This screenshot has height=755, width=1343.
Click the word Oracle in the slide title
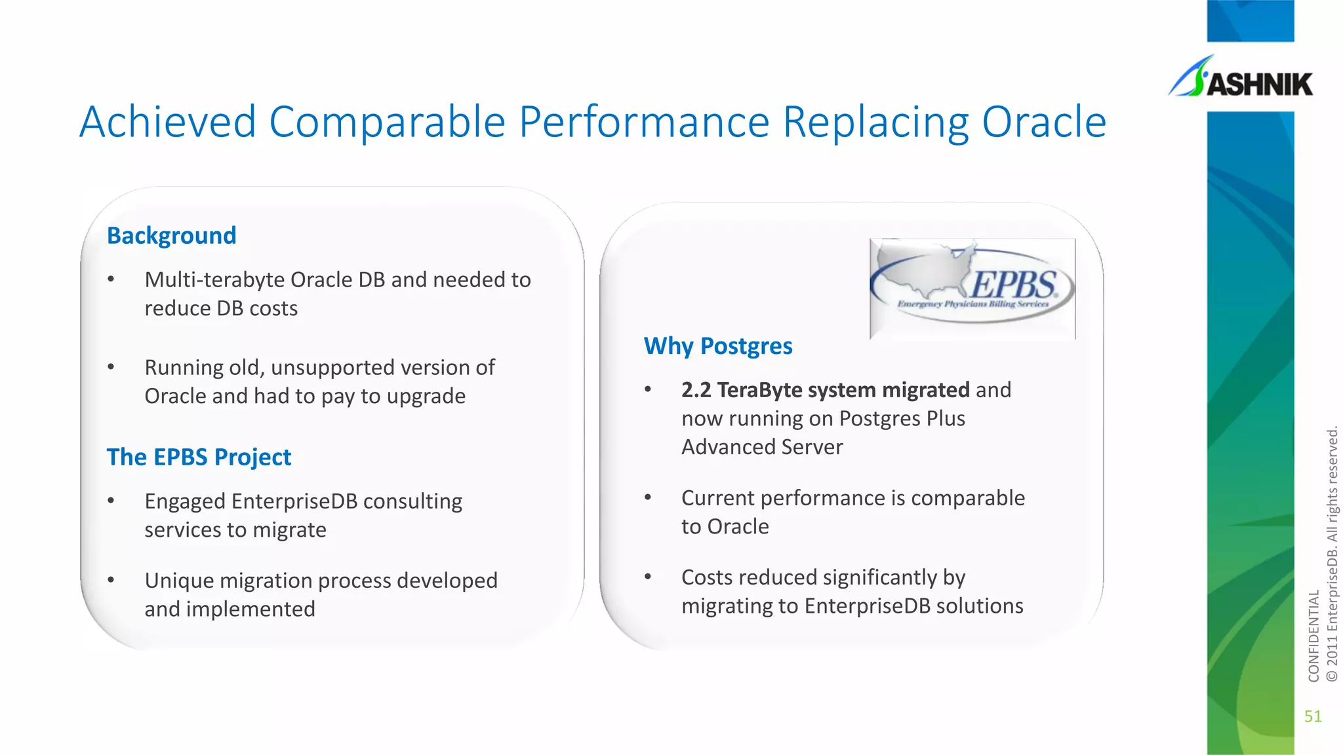tap(1044, 123)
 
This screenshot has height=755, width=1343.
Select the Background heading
tap(171, 236)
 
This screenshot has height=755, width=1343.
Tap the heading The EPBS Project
tap(199, 457)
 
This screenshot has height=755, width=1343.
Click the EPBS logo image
tap(972, 288)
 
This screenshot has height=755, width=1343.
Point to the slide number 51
tap(1313, 716)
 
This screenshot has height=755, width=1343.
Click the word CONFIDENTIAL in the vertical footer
tap(1313, 636)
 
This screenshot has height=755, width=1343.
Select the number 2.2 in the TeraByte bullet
tap(696, 391)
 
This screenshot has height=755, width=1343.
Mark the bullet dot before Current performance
tap(648, 498)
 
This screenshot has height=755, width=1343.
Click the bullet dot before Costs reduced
tap(648, 577)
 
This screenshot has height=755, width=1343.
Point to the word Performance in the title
tap(644, 123)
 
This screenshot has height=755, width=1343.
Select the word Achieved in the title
tap(167, 123)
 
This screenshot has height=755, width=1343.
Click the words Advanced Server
tap(762, 448)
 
